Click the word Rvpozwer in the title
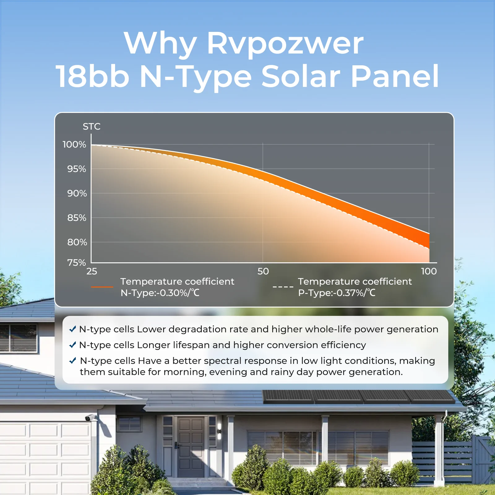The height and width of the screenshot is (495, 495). (285, 44)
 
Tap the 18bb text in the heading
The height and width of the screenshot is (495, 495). (92, 76)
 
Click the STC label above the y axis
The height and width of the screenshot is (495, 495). (92, 127)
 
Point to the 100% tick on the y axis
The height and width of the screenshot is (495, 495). (74, 144)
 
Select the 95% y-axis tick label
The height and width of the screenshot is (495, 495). (77, 169)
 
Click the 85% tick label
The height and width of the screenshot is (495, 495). (77, 218)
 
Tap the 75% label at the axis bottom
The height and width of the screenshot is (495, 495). (76, 263)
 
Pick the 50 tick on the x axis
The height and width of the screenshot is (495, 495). (263, 271)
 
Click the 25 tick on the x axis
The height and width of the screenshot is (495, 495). (92, 271)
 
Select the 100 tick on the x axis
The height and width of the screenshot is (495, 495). (429, 271)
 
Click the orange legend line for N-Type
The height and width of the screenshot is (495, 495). (102, 287)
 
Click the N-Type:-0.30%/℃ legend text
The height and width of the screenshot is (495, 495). (160, 293)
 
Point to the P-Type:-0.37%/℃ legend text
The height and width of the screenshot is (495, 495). (337, 293)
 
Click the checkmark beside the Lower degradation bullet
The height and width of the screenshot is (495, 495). (73, 329)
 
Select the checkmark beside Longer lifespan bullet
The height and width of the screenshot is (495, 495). (73, 345)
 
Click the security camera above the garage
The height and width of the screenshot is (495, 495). (91, 418)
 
